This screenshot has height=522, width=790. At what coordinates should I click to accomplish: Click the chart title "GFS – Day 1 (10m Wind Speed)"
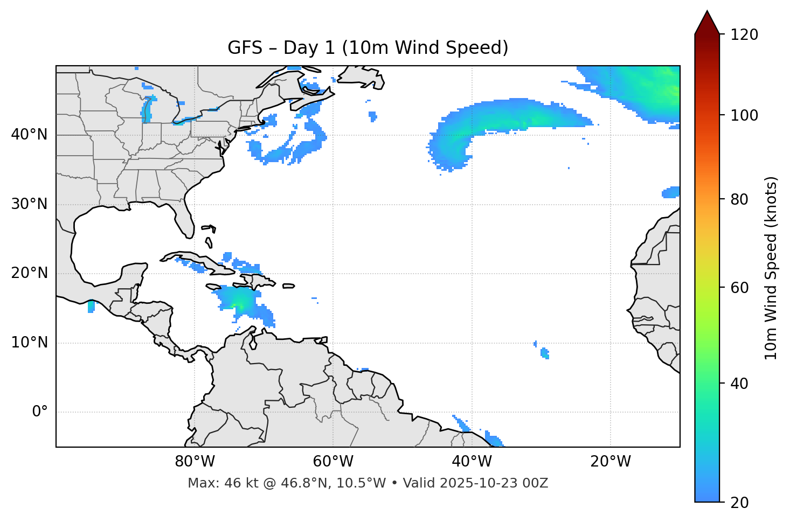click(x=368, y=48)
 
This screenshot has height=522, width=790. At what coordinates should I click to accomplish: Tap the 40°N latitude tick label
click(x=29, y=134)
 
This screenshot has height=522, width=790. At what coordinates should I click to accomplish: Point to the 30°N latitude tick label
click(x=29, y=204)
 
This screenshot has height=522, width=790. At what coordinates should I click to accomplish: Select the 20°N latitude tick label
click(x=29, y=273)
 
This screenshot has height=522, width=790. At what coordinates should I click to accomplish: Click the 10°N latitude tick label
click(x=29, y=343)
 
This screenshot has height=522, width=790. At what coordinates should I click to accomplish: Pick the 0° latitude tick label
click(x=40, y=412)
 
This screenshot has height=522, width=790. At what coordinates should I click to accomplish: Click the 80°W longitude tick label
click(x=195, y=462)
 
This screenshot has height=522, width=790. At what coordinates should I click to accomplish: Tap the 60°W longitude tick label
click(x=333, y=462)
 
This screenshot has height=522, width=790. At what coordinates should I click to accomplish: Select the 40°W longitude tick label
click(x=472, y=462)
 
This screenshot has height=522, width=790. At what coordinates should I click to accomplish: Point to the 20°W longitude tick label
click(x=611, y=462)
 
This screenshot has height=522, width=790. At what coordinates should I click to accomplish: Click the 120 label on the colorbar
click(x=744, y=35)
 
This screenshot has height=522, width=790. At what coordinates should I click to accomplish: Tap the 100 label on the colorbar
click(x=744, y=115)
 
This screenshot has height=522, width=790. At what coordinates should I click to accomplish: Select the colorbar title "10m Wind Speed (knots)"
click(x=771, y=268)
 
